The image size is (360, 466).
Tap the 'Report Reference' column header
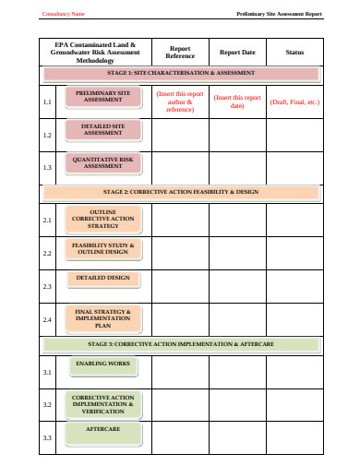pos(179,52)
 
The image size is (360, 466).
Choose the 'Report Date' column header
pos(237,52)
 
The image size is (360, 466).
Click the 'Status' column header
pos(294,52)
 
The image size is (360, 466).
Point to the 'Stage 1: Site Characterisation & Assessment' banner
pos(181,72)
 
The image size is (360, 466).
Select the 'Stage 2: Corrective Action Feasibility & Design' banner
pos(181,193)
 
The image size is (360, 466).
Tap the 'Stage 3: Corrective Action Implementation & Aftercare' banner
pos(181,344)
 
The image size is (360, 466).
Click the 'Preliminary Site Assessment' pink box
pos(102,98)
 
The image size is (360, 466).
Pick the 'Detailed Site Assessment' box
pos(102,129)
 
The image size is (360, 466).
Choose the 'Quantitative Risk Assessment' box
pos(102,163)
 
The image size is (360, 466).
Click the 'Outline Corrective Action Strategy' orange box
pos(102,219)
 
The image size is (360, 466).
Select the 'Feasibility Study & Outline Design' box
pos(102,249)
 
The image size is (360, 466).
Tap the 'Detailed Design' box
pos(102,278)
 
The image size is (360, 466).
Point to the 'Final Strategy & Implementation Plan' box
pos(102,318)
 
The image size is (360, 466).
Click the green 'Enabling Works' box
pos(102,364)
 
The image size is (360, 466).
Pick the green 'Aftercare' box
pos(102,431)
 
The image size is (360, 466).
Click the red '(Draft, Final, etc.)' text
pos(294,102)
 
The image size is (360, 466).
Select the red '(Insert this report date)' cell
pos(237,102)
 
